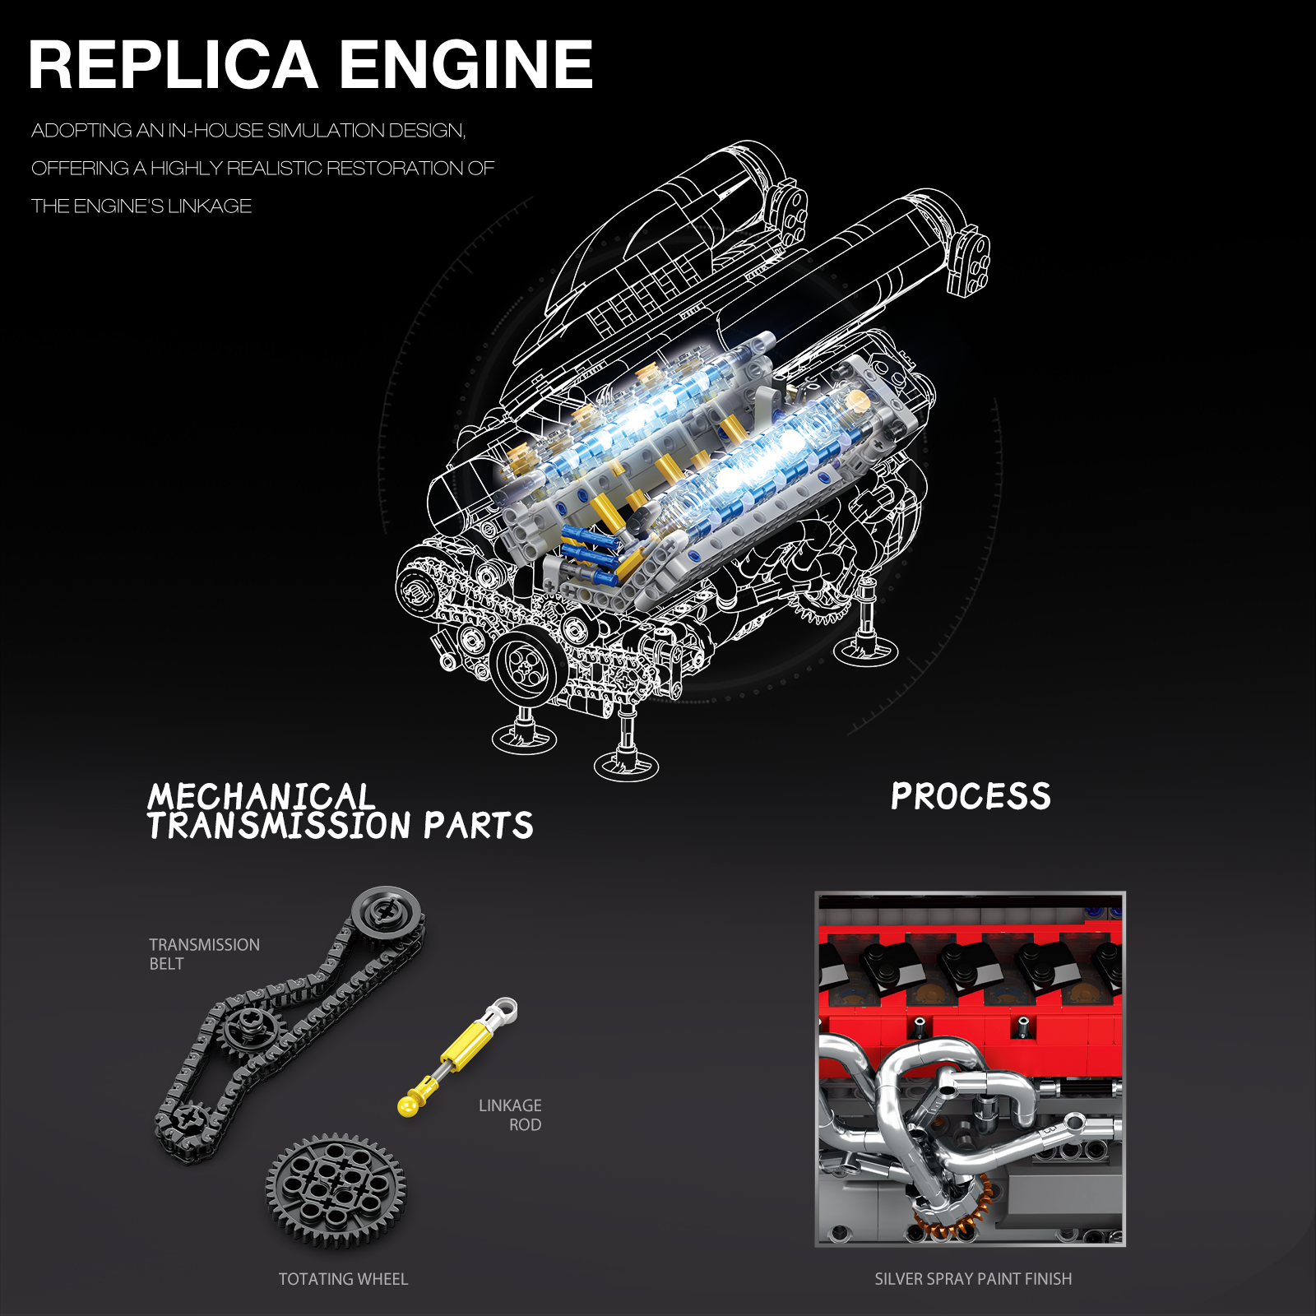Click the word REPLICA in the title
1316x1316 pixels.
pyautogui.click(x=174, y=65)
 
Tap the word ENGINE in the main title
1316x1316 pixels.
pyautogui.click(x=466, y=65)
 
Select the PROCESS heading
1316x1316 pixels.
pyautogui.click(x=971, y=796)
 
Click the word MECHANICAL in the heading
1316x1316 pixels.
pyautogui.click(x=261, y=795)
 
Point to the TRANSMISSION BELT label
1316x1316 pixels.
pyautogui.click(x=204, y=954)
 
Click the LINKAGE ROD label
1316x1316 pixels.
pyautogui.click(x=510, y=1115)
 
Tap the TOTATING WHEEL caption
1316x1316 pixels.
pyautogui.click(x=343, y=1279)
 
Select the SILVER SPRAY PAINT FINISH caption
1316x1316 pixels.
pyautogui.click(x=973, y=1279)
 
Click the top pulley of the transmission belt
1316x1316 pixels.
pyautogui.click(x=387, y=913)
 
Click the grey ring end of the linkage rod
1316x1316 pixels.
pyautogui.click(x=505, y=1010)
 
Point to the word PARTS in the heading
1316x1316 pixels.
pyautogui.click(x=478, y=826)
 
